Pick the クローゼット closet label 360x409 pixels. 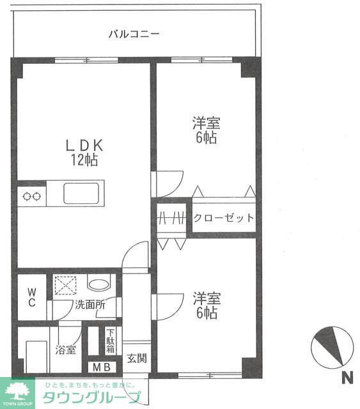[223, 218]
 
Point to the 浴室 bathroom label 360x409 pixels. [65, 350]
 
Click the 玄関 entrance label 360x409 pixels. [136, 358]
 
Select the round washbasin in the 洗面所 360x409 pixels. [98, 284]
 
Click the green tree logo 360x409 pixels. [19, 389]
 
